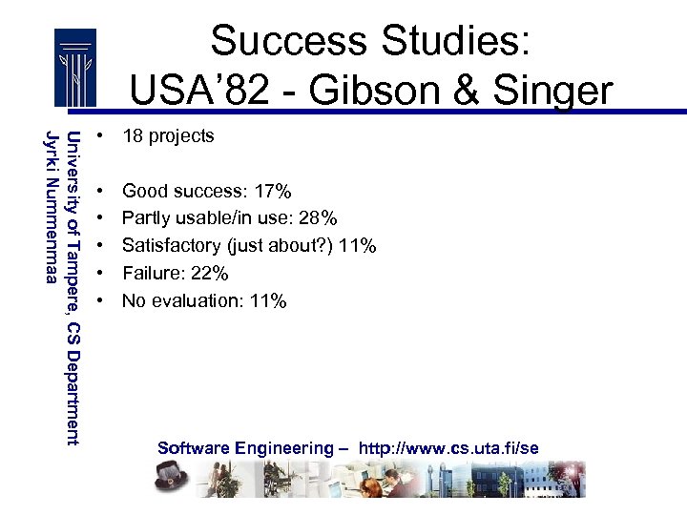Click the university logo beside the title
pos(74,69)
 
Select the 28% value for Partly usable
pos(318,219)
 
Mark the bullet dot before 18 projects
pos(99,136)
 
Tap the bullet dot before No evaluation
pos(99,301)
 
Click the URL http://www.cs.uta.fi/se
pos(448,448)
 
